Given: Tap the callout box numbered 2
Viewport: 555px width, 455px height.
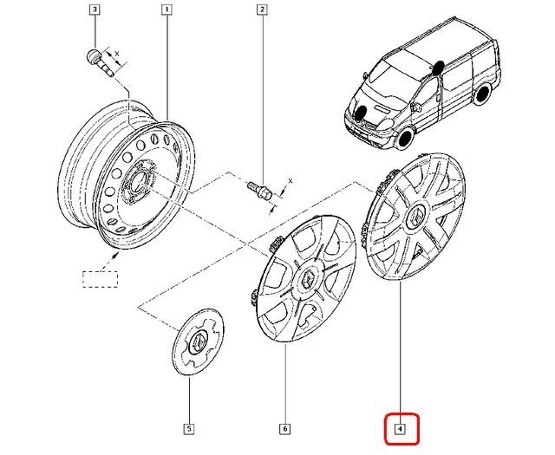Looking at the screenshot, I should pos(260,10).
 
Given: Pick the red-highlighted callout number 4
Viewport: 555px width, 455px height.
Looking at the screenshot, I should pos(401,428).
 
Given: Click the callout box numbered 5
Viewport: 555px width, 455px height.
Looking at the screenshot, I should pos(188,428).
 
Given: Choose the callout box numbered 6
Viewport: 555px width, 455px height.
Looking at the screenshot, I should pos(284,428).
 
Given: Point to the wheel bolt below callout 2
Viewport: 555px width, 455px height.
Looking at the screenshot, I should pos(258,190).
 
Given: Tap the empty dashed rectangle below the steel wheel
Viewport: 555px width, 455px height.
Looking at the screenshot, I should pos(102,279).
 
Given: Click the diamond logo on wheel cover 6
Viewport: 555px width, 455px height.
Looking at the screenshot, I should pos(310,278).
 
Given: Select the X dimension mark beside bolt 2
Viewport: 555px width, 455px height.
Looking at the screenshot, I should pos(290,182).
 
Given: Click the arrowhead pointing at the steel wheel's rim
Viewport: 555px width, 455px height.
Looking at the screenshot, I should pos(114,255).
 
